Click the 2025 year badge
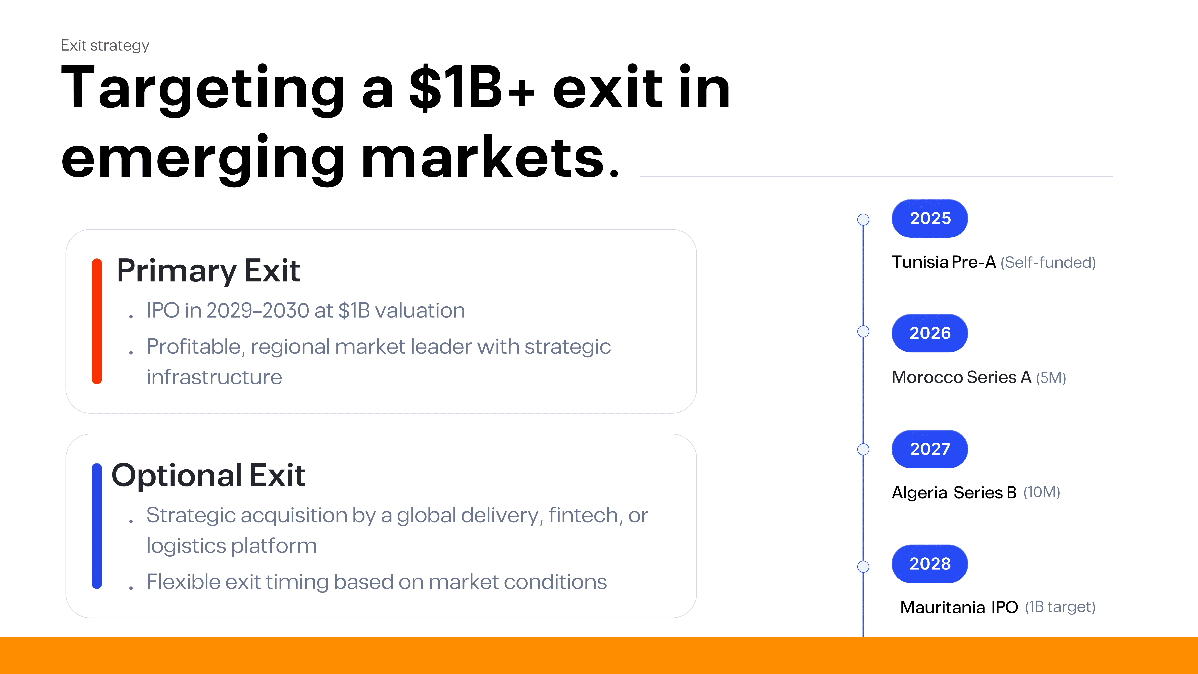pyautogui.click(x=930, y=218)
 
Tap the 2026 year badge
pyautogui.click(x=930, y=333)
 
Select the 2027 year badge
pyautogui.click(x=930, y=449)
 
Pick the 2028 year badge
pyautogui.click(x=930, y=564)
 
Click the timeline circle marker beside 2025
pyautogui.click(x=863, y=219)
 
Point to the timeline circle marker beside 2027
pyautogui.click(x=863, y=449)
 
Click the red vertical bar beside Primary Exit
pyautogui.click(x=97, y=321)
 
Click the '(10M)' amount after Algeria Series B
pyautogui.click(x=1042, y=492)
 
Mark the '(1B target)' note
pyautogui.click(x=1060, y=607)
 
